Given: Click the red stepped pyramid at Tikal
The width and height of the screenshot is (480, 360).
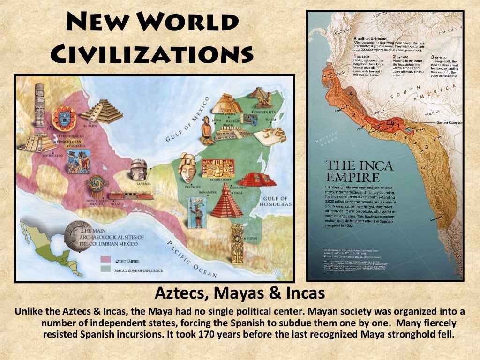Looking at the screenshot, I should click(226, 200).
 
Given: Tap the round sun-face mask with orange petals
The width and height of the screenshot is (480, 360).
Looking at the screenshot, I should click(64, 119).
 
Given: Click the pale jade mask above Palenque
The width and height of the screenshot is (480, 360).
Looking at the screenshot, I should click(187, 167).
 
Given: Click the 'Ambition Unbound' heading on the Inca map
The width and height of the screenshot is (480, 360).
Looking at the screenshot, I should click(370, 38).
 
